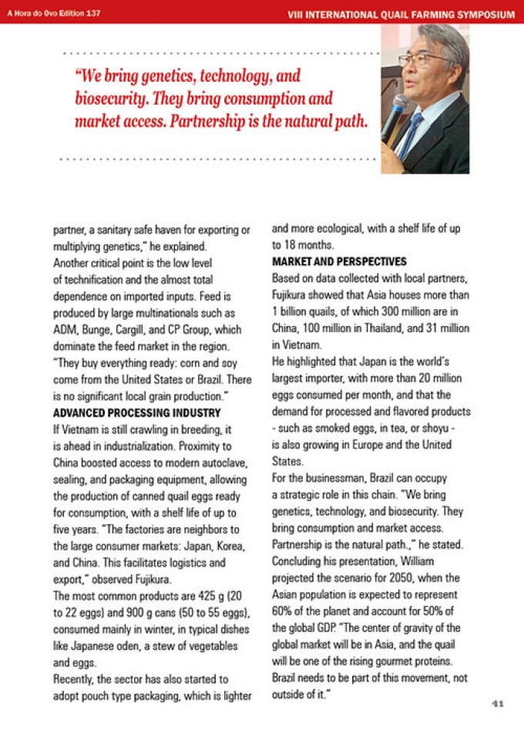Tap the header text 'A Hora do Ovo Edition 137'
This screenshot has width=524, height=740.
[x=55, y=13]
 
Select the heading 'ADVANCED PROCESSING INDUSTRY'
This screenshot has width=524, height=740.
[x=126, y=412]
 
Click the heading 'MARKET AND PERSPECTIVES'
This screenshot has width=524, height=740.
[x=339, y=261]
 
